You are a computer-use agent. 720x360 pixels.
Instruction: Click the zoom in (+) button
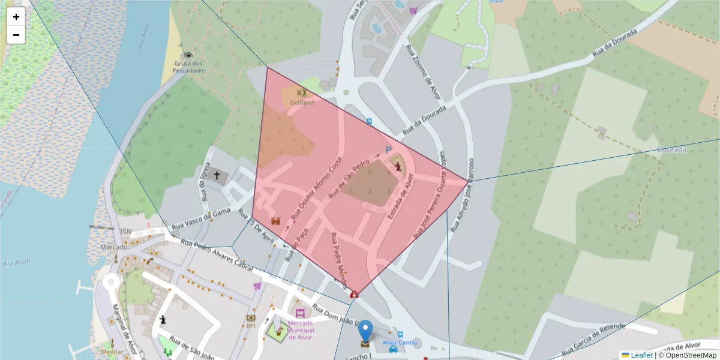point(16,17)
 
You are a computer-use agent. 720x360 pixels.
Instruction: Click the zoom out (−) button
point(16,35)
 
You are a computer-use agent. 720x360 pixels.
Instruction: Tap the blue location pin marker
point(365,331)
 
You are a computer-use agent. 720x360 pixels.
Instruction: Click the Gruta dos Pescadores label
point(189,67)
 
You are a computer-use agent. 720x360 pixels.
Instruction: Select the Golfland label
point(302,103)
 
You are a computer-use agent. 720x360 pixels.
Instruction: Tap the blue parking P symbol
point(388,150)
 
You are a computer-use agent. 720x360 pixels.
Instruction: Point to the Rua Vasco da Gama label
point(201,219)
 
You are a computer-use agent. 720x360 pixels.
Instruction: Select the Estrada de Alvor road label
point(401,197)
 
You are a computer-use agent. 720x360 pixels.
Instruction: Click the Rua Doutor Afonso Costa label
point(316,188)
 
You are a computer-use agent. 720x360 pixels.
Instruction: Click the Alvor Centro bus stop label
point(400,343)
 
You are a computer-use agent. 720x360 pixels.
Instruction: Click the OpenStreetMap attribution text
point(687,355)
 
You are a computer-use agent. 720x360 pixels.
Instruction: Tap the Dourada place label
point(671,149)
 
